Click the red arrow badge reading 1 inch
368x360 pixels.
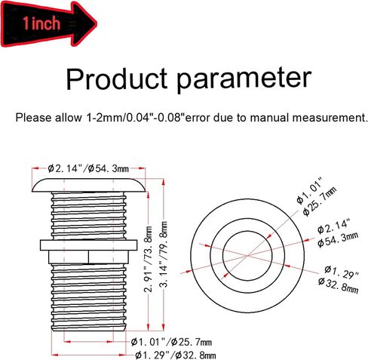[x=49, y=23]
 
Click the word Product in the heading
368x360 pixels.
[x=117, y=78]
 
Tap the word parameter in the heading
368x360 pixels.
[x=244, y=81]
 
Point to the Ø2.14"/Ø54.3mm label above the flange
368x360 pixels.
[x=88, y=168]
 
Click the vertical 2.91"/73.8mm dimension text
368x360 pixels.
[x=148, y=259]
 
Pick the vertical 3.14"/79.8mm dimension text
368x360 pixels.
[x=164, y=254]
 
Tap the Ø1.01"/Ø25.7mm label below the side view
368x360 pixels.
[x=171, y=342]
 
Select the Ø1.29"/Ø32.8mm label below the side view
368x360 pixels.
[x=176, y=355]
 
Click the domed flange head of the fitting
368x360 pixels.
[x=88, y=186]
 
